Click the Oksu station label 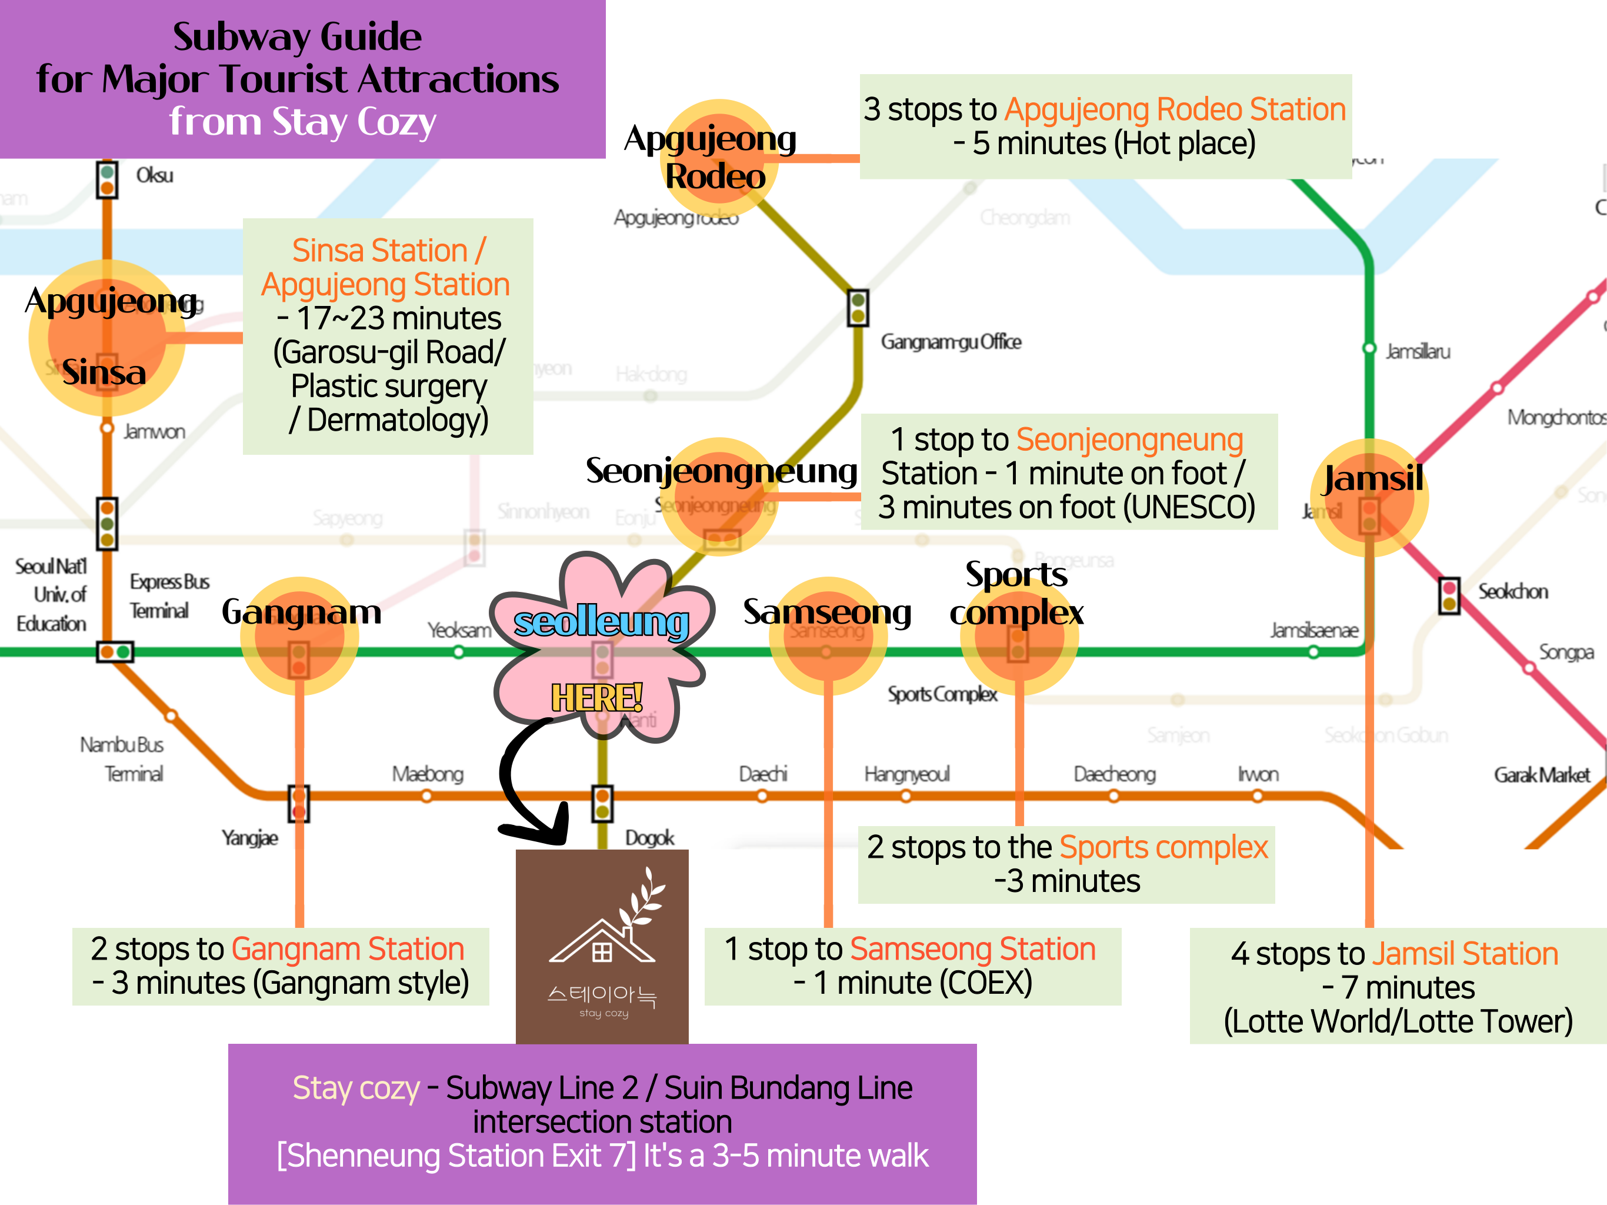[x=155, y=175]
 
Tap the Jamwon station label [x=154, y=432]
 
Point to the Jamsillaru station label [x=1418, y=352]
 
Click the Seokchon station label [x=1512, y=591]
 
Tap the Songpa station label [x=1566, y=652]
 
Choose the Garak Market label [x=1542, y=775]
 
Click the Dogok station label [x=649, y=838]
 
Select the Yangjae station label [x=250, y=838]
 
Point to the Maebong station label [x=427, y=774]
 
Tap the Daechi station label [x=763, y=774]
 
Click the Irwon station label [x=1258, y=774]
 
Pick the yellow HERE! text [x=596, y=698]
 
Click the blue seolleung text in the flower [x=601, y=622]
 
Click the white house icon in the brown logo [x=602, y=943]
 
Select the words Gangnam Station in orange [x=347, y=949]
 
